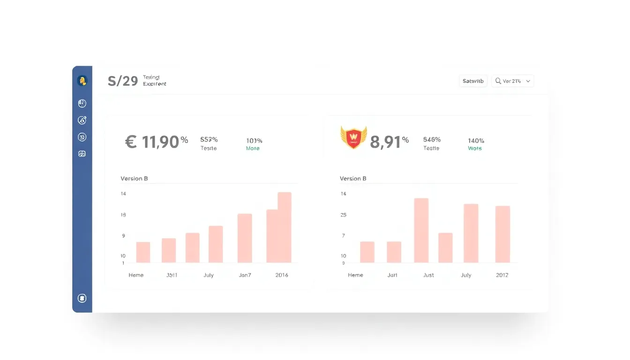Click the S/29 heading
coord(123,81)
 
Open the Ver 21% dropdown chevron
coord(528,81)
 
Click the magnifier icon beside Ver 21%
coord(498,81)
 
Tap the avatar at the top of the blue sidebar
coord(82,81)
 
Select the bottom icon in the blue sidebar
coord(82,298)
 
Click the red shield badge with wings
coord(353,138)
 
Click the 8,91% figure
coord(389,142)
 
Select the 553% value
coord(209,140)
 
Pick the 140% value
coord(476,141)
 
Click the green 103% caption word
coord(253,149)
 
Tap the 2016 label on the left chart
coord(282,275)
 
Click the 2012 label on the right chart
coord(502,275)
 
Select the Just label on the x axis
coord(428,275)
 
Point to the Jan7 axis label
coord(245,275)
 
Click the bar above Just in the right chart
coord(421,230)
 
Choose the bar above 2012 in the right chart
coord(502,234)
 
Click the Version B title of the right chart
coord(353,179)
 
